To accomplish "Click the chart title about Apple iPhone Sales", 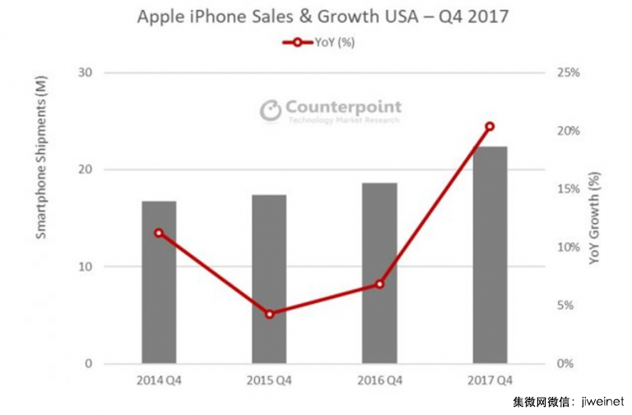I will click(x=316, y=16).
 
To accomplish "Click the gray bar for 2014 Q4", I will click(x=159, y=296).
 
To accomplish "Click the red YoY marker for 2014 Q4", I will click(x=159, y=233).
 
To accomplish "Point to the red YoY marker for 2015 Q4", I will click(x=269, y=314).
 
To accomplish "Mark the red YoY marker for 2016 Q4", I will click(x=379, y=284).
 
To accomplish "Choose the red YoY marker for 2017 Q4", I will click(x=490, y=127).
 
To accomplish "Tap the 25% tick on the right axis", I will click(x=568, y=73).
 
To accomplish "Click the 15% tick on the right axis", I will click(x=568, y=189).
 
